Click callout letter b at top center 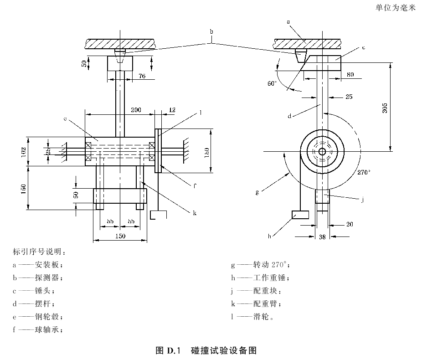[211, 31]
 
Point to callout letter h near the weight [269, 236]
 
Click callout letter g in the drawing [257, 192]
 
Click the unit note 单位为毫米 [396, 8]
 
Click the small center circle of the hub [322, 151]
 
